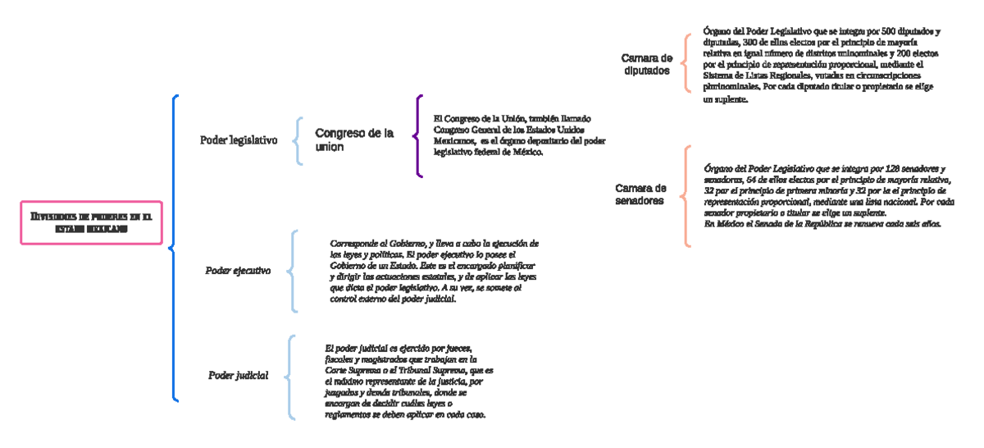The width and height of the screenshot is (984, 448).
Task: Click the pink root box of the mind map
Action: [91, 222]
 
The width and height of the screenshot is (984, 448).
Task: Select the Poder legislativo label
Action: [239, 140]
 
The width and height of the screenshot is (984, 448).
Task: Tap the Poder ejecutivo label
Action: [238, 271]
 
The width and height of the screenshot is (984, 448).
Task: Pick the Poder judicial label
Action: [238, 376]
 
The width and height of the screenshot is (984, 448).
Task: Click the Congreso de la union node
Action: [353, 139]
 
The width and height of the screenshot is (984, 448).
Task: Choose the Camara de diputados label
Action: [647, 64]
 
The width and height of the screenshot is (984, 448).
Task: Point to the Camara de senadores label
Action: [640, 194]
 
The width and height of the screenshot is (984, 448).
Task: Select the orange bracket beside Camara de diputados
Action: [687, 66]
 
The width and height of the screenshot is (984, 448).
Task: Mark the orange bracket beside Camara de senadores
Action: [686, 195]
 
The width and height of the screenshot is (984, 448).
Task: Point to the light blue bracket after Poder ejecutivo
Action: [294, 271]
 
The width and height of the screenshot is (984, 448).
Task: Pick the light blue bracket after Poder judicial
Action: [290, 377]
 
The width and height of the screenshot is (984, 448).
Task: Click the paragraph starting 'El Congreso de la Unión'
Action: [519, 135]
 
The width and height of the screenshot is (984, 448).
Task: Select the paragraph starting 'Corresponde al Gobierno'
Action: [434, 271]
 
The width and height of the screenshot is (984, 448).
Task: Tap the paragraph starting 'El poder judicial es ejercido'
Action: [408, 381]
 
